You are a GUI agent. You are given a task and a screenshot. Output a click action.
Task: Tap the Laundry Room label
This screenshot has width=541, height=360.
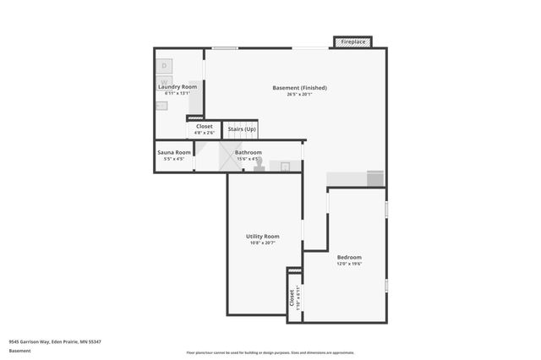tap(178, 86)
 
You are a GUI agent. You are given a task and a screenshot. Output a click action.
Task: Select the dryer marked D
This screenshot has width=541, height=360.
tap(165, 65)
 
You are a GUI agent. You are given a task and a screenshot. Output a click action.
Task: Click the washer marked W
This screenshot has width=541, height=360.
tap(165, 82)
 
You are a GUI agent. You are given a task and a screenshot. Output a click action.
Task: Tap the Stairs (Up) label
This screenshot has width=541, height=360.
tap(241, 129)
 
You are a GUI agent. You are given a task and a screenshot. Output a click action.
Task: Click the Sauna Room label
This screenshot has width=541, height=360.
tap(173, 153)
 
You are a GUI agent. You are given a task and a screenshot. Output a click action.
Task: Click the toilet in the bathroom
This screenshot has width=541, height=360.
tap(260, 165)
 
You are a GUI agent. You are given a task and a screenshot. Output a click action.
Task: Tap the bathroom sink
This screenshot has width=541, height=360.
tap(286, 166)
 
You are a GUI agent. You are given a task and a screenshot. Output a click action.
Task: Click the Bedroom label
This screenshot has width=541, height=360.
tap(349, 258)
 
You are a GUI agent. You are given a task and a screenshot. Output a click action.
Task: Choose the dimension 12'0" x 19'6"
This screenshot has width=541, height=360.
tap(349, 265)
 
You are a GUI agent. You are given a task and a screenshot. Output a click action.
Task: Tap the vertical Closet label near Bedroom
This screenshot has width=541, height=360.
tap(292, 297)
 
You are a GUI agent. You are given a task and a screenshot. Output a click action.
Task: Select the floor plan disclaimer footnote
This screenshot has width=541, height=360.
tap(270, 352)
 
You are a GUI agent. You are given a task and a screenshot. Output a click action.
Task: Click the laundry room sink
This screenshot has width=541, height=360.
tap(161, 106)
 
